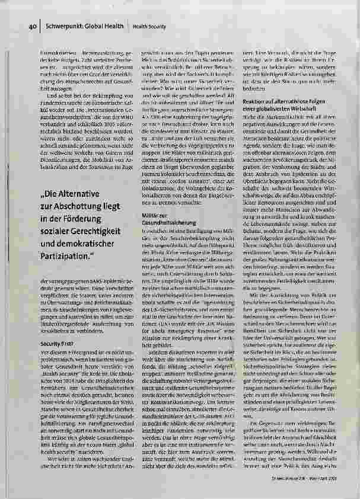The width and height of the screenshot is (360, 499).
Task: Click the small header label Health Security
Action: (149, 27)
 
